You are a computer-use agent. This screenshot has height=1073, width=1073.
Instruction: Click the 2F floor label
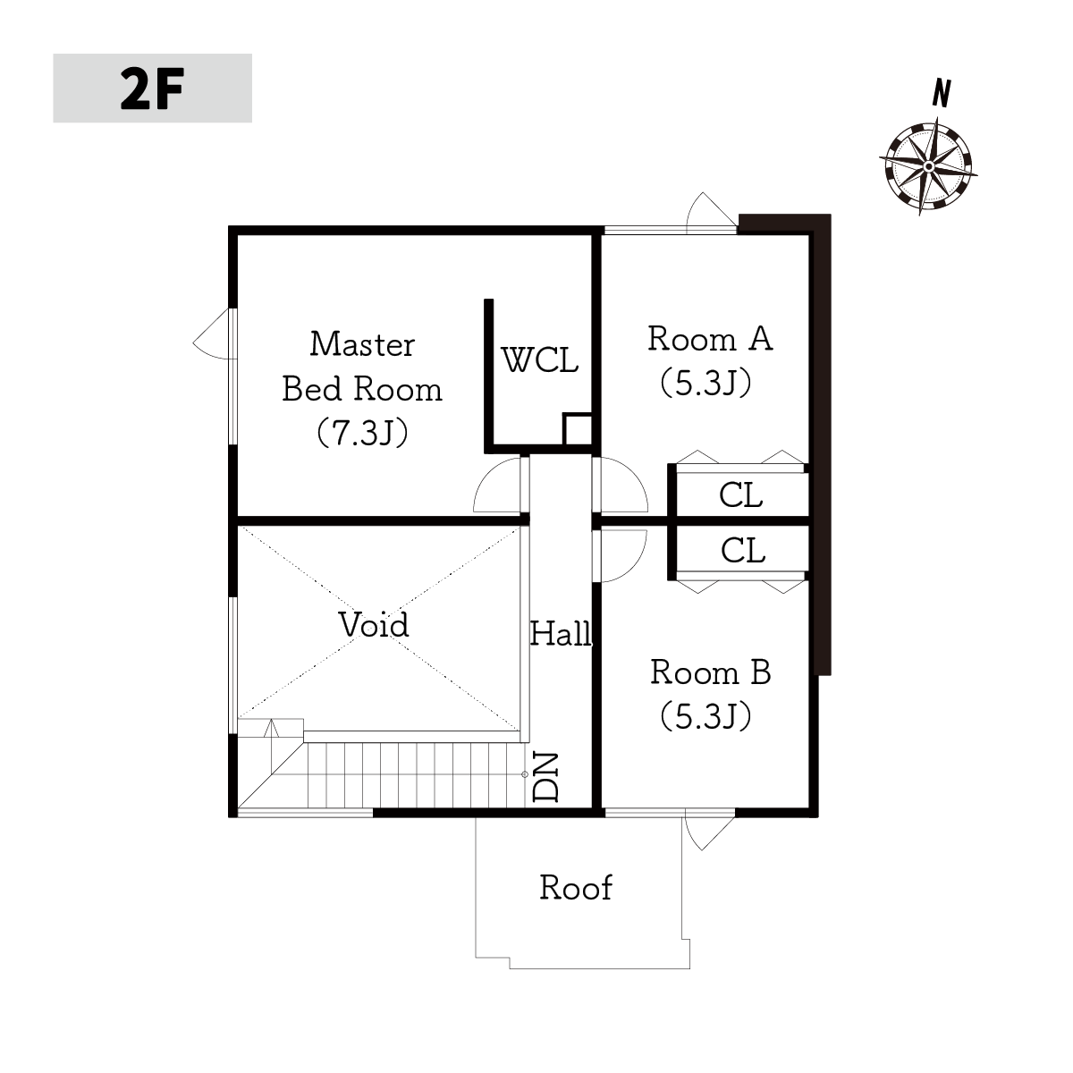pos(152,89)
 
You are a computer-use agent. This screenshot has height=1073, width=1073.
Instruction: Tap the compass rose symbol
pos(928,166)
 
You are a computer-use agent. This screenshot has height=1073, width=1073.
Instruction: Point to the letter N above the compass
pos(942,93)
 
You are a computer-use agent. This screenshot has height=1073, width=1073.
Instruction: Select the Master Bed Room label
pos(362,367)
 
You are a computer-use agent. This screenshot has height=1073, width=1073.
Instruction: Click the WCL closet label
pos(539,359)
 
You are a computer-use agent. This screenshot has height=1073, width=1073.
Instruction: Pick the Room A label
pos(710,339)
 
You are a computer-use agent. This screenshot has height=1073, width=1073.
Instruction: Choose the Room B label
pos(711,672)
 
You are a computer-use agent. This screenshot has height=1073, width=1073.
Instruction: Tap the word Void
pos(374,625)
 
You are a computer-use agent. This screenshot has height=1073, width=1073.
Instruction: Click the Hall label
pos(561,634)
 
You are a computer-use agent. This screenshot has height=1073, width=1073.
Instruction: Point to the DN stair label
pos(545,777)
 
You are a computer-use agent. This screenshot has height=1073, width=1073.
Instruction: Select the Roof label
pos(576,888)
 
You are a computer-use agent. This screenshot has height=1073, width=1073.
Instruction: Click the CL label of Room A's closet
pos(740,494)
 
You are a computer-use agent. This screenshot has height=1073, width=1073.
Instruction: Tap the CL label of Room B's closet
pos(743,550)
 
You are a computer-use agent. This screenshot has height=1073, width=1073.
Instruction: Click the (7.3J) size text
pos(362,433)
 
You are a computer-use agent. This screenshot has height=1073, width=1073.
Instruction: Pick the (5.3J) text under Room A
pos(706,383)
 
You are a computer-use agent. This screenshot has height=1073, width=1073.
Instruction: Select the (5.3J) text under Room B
pos(706,716)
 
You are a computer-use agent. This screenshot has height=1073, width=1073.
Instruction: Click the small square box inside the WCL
pos(578,429)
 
